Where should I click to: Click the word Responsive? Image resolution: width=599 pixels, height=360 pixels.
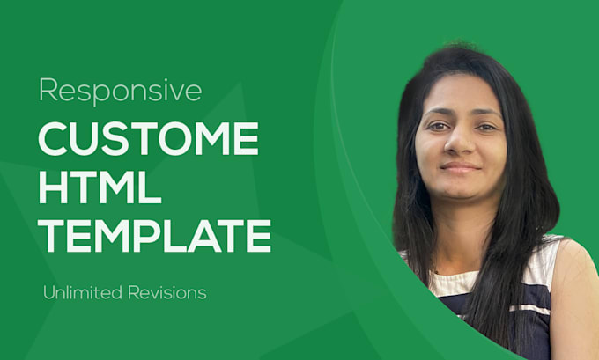tap(120, 90)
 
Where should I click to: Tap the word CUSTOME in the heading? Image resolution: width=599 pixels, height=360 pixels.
tap(148, 141)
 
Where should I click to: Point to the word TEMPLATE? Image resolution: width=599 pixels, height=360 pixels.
tap(154, 235)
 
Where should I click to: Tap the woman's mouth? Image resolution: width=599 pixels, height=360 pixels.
tap(460, 166)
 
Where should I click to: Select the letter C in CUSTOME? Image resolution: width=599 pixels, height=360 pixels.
tap(54, 141)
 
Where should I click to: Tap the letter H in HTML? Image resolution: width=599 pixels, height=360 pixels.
tap(54, 187)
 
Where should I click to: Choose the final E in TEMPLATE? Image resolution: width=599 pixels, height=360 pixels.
tap(258, 235)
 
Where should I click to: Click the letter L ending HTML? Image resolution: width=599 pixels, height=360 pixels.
tap(151, 187)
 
